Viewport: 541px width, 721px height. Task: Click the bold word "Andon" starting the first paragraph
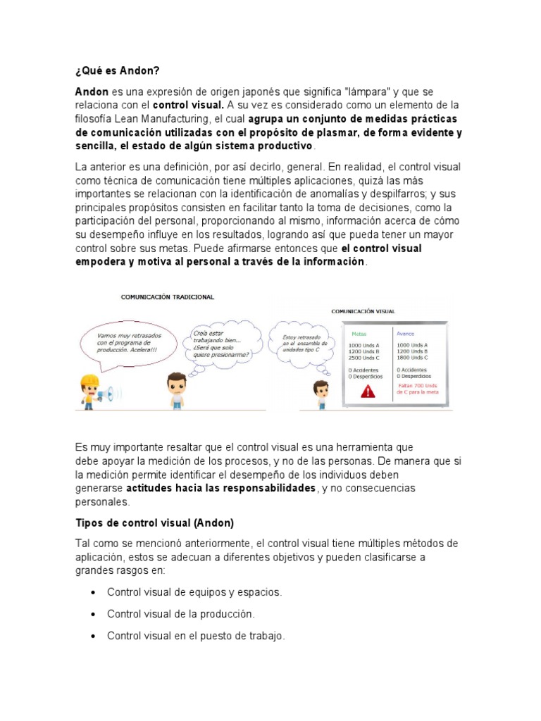tap(92, 92)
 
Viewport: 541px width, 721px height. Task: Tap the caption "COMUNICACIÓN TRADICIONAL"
tap(168, 298)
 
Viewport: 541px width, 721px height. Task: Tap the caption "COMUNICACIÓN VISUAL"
tap(363, 311)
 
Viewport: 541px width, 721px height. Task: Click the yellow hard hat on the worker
tap(89, 382)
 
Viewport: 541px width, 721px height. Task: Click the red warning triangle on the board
tap(368, 391)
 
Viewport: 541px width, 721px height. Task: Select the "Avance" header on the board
tap(406, 334)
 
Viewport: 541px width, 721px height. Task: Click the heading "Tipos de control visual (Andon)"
tap(154, 523)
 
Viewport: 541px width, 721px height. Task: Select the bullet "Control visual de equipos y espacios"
tap(194, 592)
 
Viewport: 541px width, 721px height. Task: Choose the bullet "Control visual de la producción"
tap(181, 614)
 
